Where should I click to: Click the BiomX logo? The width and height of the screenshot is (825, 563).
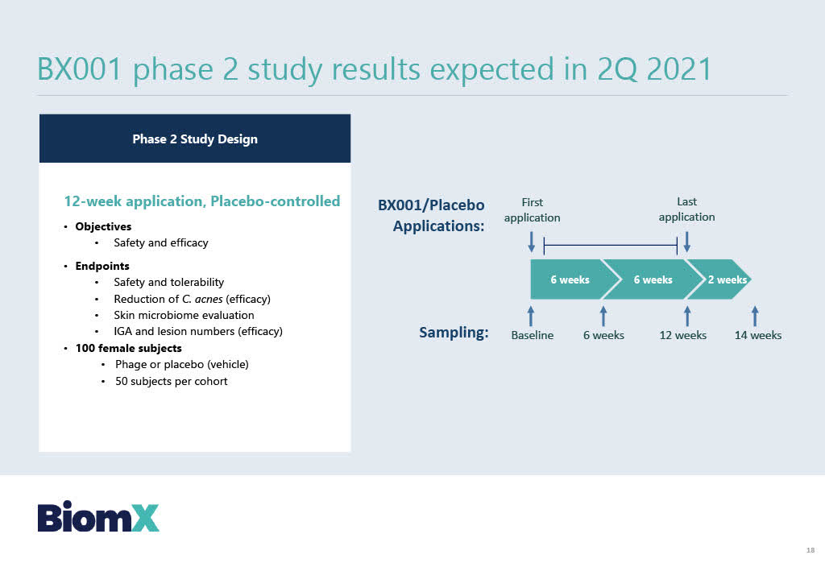pyautogui.click(x=97, y=516)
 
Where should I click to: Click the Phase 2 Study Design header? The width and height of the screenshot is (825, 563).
pyautogui.click(x=195, y=139)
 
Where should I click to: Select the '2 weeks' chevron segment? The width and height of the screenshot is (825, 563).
pyautogui.click(x=719, y=279)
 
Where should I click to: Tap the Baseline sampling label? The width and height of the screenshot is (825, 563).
pyautogui.click(x=532, y=335)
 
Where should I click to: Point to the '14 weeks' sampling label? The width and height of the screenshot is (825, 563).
pyautogui.click(x=757, y=335)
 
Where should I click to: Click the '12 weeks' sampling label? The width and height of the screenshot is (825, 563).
pyautogui.click(x=683, y=335)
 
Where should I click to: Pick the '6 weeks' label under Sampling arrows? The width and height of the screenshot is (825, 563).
pyautogui.click(x=603, y=335)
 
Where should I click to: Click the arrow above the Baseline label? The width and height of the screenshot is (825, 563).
pyautogui.click(x=531, y=317)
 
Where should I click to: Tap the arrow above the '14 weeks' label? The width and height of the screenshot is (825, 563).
pyautogui.click(x=755, y=317)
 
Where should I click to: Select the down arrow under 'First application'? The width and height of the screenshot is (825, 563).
pyautogui.click(x=532, y=242)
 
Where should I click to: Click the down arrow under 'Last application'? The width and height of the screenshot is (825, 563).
pyautogui.click(x=686, y=242)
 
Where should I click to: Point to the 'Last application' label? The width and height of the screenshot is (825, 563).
pyautogui.click(x=686, y=209)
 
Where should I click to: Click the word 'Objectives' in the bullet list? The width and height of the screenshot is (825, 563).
pyautogui.click(x=103, y=227)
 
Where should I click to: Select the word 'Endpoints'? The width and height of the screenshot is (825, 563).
pyautogui.click(x=102, y=267)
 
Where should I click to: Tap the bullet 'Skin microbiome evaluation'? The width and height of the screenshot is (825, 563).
pyautogui.click(x=184, y=315)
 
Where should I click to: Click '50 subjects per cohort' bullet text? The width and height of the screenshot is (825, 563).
pyautogui.click(x=171, y=382)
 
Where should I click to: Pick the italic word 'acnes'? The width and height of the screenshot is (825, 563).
pyautogui.click(x=209, y=300)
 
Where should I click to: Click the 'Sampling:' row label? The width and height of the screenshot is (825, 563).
pyautogui.click(x=454, y=333)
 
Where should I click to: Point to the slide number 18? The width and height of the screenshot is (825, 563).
pyautogui.click(x=810, y=550)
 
